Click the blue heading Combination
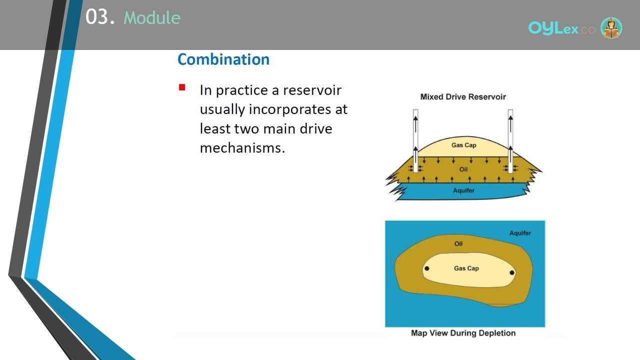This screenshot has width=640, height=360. tap(223, 59)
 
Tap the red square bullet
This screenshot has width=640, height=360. tap(182, 87)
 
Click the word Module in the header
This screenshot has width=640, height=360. tap(152, 17)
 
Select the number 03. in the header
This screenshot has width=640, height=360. tap(100, 16)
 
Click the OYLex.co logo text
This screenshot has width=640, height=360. tap(561, 28)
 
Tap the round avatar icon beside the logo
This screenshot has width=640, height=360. tap(611, 27)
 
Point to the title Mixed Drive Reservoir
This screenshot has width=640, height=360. tap(463, 97)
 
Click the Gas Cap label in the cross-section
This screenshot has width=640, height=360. tap(463, 145)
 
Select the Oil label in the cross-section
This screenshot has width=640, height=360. tap(463, 169)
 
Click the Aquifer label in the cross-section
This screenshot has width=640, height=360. tap(463, 190)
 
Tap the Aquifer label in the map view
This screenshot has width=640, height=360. tap(520, 233)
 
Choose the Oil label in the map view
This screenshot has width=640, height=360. tap(458, 243)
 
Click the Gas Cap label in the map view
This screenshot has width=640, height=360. tap(466, 268)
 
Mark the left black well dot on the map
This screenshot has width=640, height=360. tap(427, 268)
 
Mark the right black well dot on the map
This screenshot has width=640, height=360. tap(512, 272)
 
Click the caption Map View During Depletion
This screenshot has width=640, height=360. tap(463, 333)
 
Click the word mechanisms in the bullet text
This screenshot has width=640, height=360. tap(242, 148)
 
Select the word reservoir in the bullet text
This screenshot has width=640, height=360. tap(312, 90)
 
